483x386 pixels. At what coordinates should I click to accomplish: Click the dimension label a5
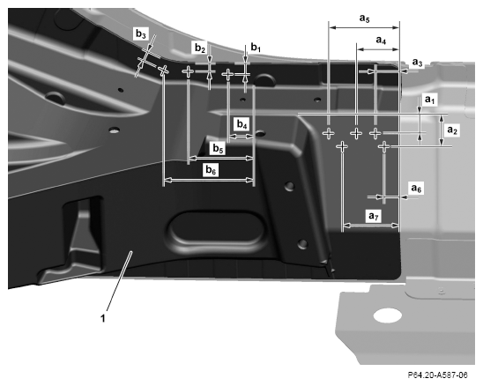pos(364,19)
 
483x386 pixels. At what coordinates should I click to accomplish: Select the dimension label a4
pos(381,40)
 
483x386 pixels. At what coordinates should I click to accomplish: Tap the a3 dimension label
pos(418,63)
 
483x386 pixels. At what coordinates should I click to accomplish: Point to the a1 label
pos(430,100)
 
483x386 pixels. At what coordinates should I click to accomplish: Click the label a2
pos(452,130)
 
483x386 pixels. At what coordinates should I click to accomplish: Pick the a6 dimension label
pos(416,188)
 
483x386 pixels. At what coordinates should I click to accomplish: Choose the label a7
pos(374,216)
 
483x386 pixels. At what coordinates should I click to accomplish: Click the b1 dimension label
pos(256,47)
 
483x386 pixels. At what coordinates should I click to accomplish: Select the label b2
pos(200,48)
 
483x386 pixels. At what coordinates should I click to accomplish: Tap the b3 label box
pos(141,34)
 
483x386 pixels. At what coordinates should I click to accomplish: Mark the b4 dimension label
pos(242,124)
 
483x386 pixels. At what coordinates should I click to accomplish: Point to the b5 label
pos(218,149)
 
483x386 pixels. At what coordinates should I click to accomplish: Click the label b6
pos(211,170)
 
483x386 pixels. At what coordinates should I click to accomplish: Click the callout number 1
pos(103,318)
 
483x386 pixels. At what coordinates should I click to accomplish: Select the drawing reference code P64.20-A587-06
pos(437,375)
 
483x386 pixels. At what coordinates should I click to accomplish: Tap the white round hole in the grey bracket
pos(388,316)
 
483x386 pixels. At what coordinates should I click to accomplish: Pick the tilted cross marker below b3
pos(164,71)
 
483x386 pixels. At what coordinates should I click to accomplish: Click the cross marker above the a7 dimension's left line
pos(342,146)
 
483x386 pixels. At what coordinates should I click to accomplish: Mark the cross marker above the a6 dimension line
pos(383,146)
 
